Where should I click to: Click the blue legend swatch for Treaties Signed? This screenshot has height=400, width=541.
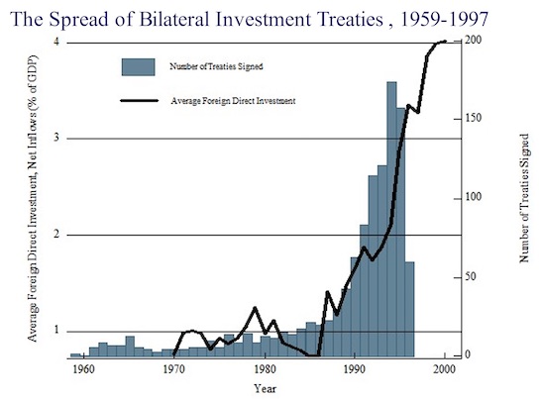(139, 66)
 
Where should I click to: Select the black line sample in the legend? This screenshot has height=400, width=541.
(139, 100)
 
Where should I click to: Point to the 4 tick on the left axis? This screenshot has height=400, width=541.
(55, 42)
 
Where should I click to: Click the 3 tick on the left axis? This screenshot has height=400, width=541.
(55, 138)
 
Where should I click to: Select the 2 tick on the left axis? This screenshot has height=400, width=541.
(55, 235)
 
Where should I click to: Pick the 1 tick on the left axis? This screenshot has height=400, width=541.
(55, 331)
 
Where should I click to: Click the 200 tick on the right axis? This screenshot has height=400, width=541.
(474, 42)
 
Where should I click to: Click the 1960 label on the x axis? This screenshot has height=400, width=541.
(83, 369)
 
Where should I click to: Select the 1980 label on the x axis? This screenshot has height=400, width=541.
(264, 369)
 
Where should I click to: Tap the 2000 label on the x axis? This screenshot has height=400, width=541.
(444, 369)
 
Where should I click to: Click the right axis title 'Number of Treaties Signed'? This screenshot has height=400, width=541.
(523, 199)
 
